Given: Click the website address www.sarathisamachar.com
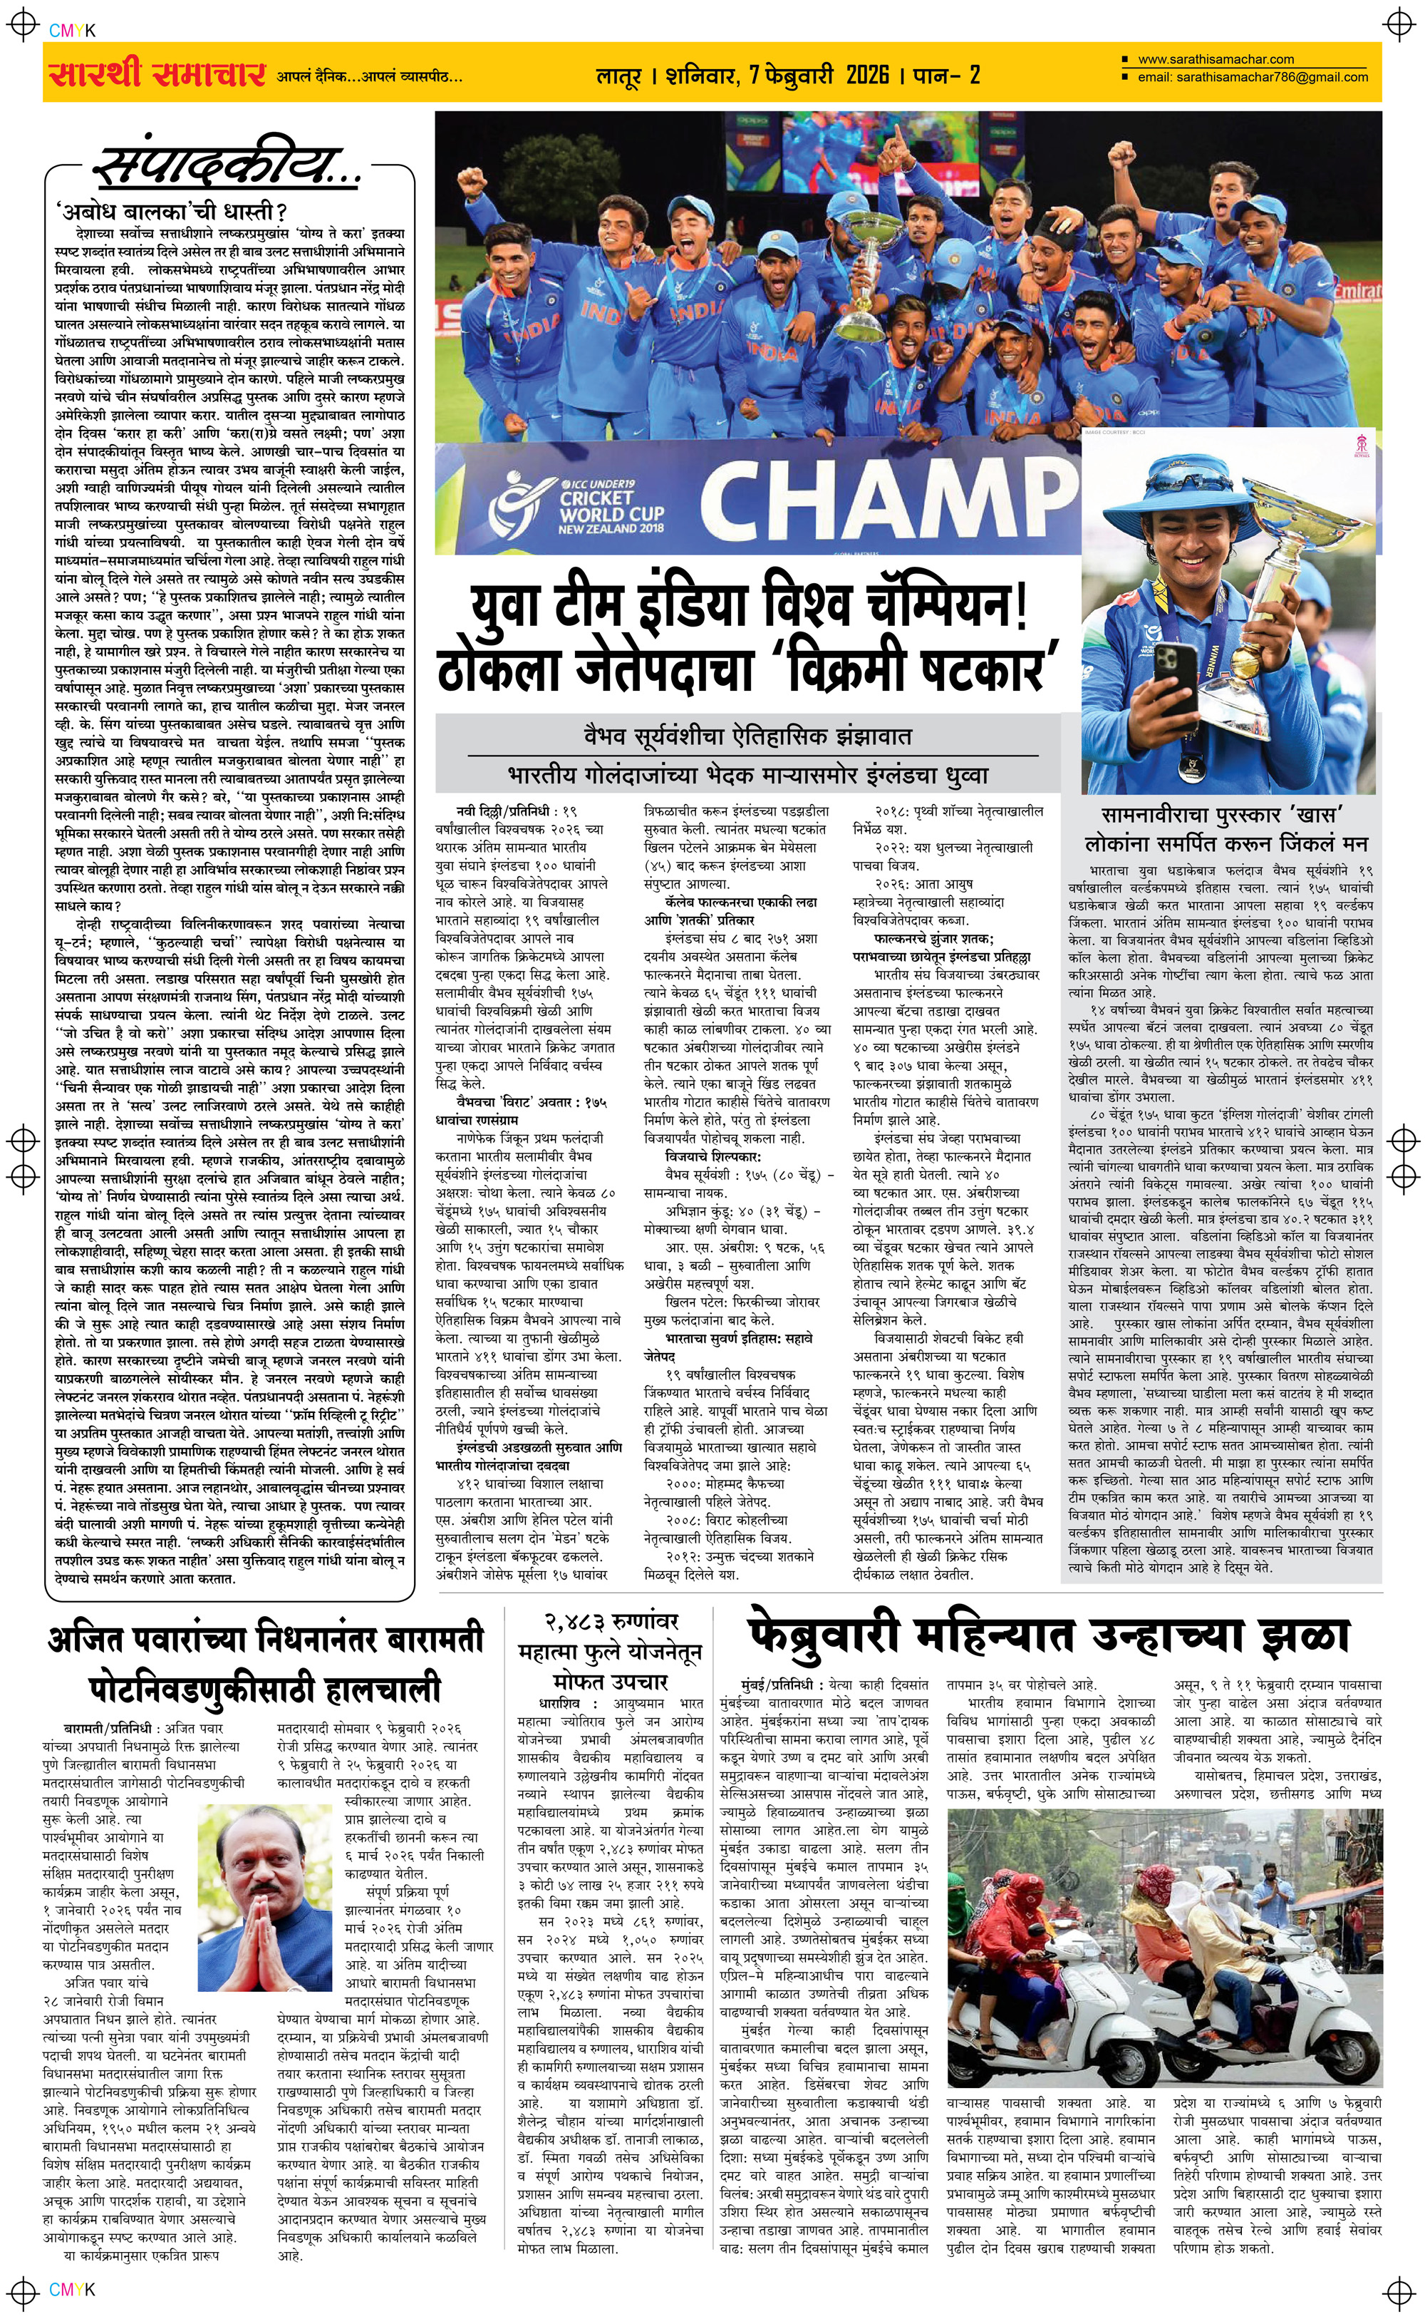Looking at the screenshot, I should (1215, 59).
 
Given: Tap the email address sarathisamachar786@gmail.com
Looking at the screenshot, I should (1253, 77).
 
